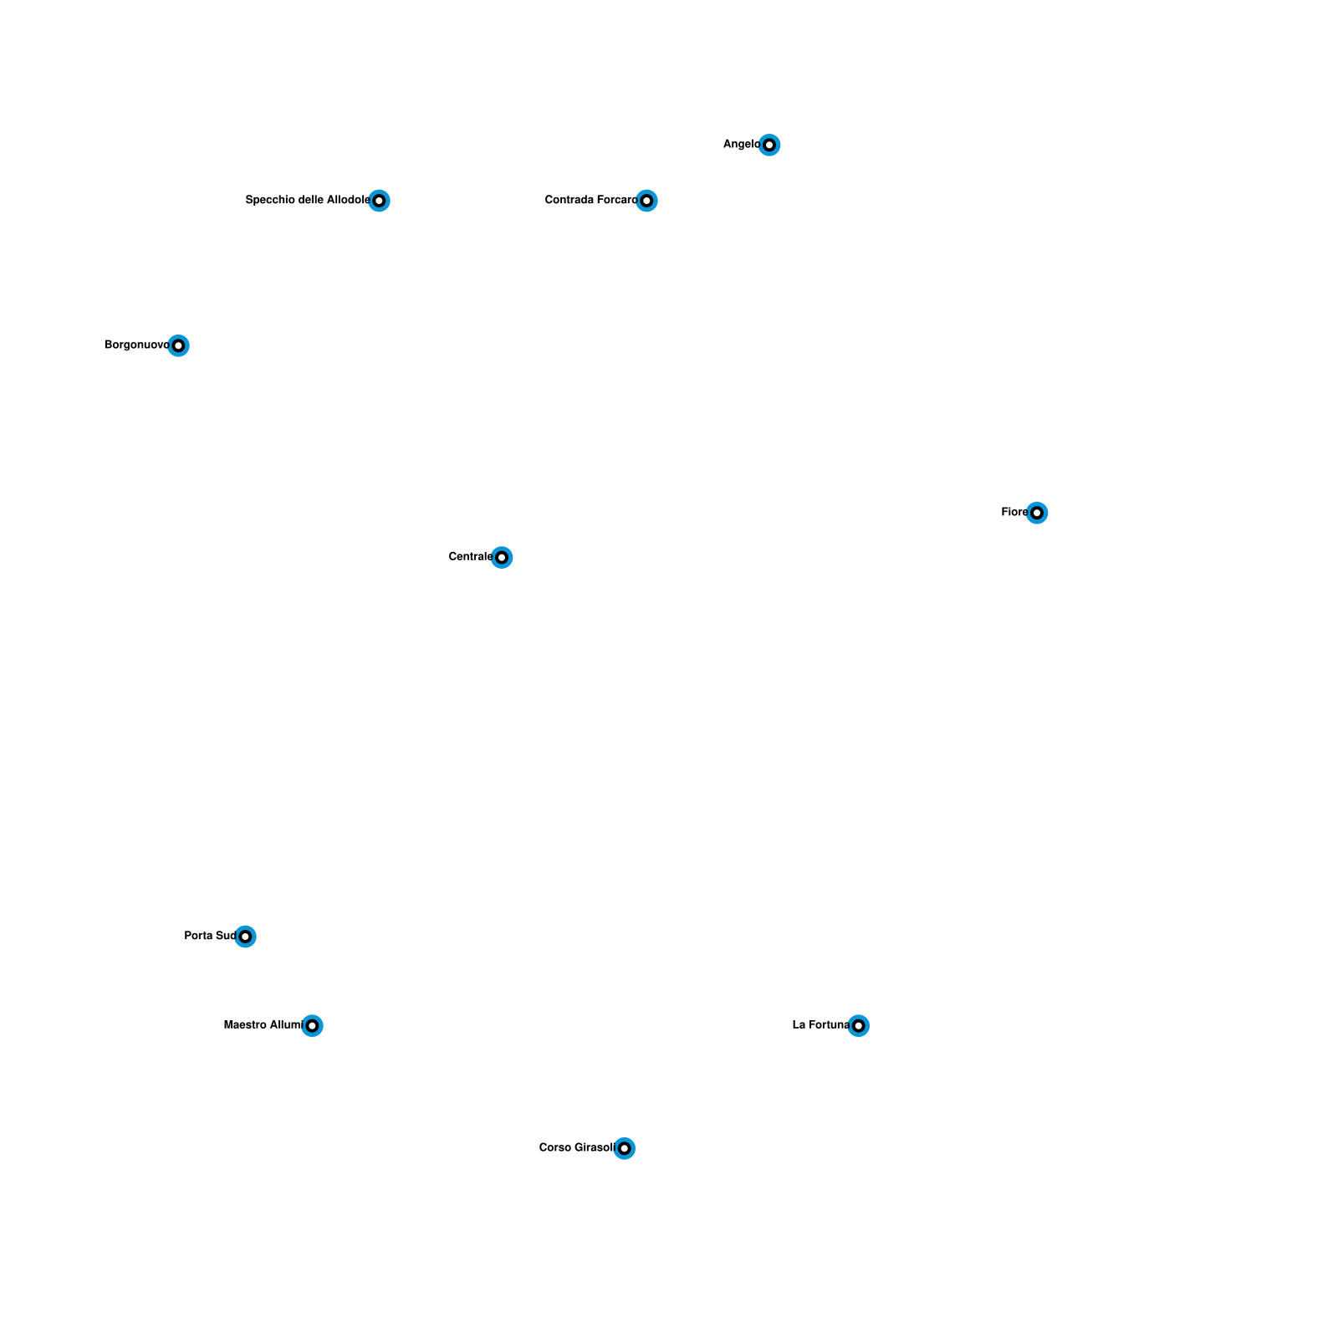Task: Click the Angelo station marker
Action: [769, 145]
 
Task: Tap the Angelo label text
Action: [741, 145]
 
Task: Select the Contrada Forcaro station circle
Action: [646, 201]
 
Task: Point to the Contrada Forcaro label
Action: [590, 201]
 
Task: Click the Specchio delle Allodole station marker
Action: [379, 201]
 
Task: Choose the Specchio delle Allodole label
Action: [307, 201]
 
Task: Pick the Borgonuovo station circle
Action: [178, 345]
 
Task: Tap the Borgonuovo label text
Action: [136, 345]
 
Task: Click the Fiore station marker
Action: [1037, 513]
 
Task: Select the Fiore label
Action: [1014, 513]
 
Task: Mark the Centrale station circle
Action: [502, 557]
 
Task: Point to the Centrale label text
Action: [470, 557]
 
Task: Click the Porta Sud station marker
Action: [245, 937]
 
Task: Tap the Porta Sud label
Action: [210, 937]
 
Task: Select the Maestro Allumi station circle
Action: [312, 1025]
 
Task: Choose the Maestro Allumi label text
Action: [262, 1025]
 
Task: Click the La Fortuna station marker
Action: [858, 1025]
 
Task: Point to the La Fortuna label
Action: [820, 1025]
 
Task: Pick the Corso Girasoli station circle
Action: [624, 1148]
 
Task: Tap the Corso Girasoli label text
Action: [576, 1148]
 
